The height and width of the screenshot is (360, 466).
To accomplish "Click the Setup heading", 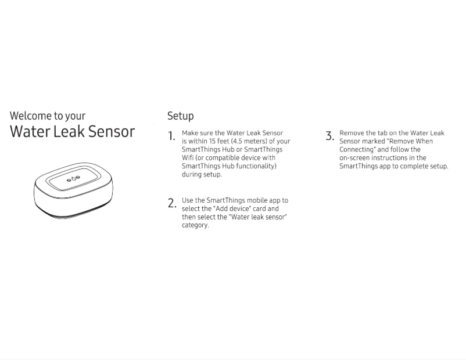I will pos(180,116).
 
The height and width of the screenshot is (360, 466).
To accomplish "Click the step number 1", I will pos(171,136).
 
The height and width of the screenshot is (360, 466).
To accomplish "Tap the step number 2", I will pos(171,203).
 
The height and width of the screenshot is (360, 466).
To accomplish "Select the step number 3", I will pos(329,136).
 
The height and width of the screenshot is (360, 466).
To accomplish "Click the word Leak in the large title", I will pos(66,131).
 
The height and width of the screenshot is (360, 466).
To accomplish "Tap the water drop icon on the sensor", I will pos(74,179).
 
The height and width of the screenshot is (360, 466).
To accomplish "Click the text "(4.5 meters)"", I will pos(248,141).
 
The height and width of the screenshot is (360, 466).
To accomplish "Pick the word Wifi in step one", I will pos(188,157).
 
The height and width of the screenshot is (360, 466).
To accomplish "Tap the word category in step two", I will pos(195,225).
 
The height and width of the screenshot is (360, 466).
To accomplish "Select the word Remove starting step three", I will pos(352,133).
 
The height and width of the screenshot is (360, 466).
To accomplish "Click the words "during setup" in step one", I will pos(202,174).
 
